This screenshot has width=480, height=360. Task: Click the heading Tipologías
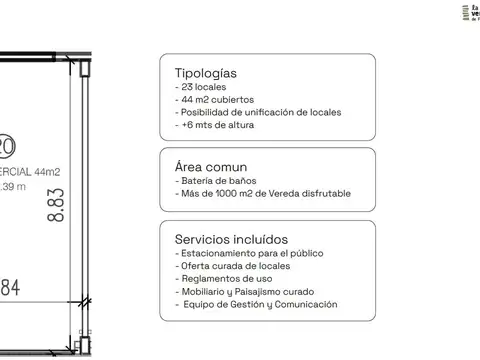coord(206,73)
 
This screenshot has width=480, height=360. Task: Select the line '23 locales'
coord(206,87)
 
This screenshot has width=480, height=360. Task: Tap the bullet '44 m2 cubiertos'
coord(216,99)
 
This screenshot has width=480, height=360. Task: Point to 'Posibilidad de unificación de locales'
coord(257,112)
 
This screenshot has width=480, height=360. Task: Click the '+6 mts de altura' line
coord(215,125)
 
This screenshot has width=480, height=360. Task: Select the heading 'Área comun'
coord(211,166)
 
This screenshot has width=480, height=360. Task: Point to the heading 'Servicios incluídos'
coord(231,239)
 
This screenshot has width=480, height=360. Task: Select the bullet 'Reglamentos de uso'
coord(220,279)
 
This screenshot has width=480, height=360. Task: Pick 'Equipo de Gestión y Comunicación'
coord(256,305)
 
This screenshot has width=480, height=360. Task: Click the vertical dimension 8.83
coord(57,204)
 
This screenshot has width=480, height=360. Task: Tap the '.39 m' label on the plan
coord(13,187)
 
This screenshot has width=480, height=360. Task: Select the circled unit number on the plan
coord(6,147)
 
